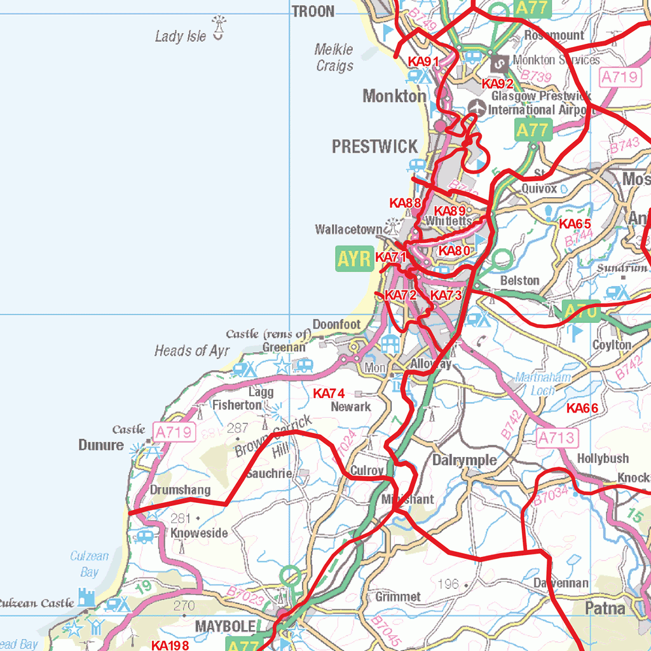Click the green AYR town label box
354,259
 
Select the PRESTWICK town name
374,147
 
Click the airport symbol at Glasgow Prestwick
476,106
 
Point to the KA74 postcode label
329,394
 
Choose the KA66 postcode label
582,408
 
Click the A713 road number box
558,437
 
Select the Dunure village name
101,445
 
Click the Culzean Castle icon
86,598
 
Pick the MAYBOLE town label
225,626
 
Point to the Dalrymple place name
465,460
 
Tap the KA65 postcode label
575,224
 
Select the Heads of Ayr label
191,350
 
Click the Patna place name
605,608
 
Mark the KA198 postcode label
170,645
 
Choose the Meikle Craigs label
334,57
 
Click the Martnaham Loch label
543,384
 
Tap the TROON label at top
313,11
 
